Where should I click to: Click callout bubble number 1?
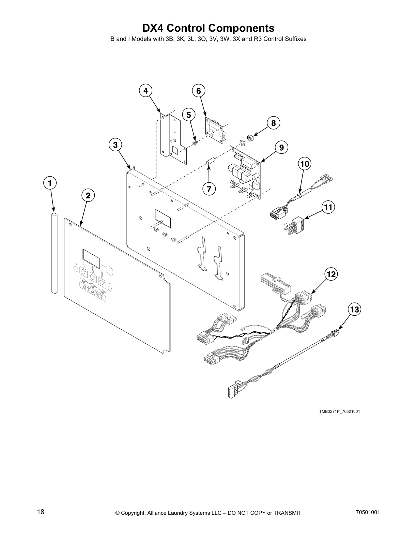pos(50,183)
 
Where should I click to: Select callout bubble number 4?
pos(145,91)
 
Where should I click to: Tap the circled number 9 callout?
pos(281,148)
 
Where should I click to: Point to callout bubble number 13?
pos(354,310)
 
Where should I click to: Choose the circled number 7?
pos(209,189)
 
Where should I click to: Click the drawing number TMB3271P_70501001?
pos(339,411)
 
